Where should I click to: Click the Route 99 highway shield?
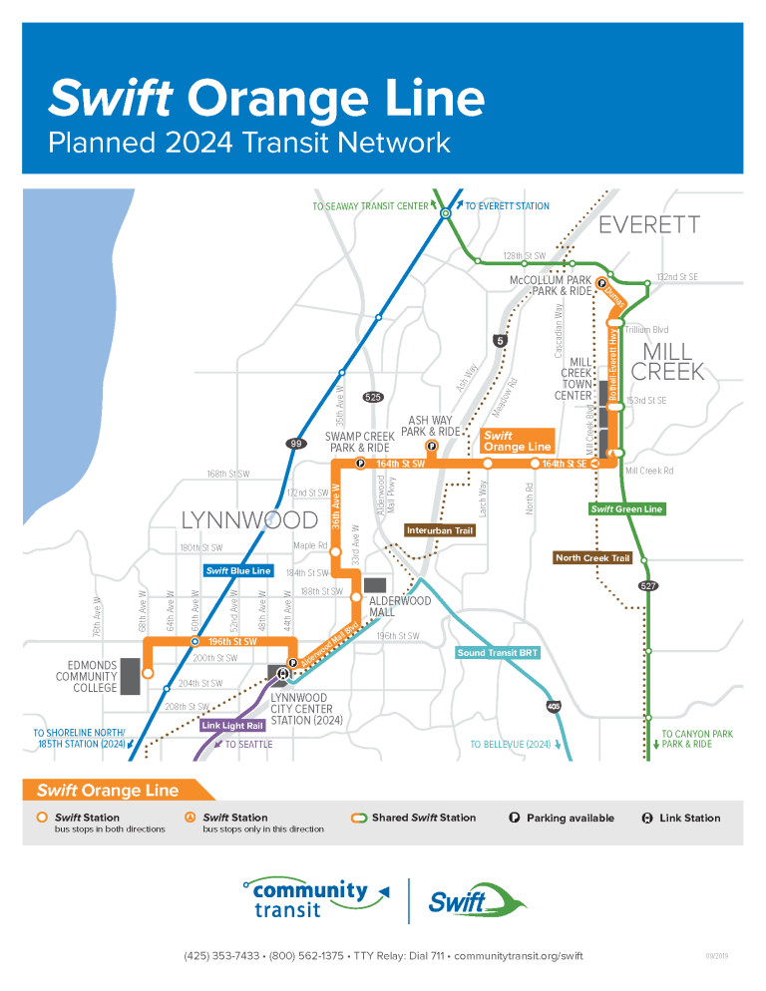pos(295,444)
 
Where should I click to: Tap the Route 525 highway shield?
pos(372,397)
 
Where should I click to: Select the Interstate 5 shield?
pos(500,341)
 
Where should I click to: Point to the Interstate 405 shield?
pos(553,706)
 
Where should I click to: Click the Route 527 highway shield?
pos(648,586)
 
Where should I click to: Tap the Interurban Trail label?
pos(440,530)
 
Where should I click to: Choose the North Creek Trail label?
pos(593,558)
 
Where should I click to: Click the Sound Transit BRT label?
pos(498,653)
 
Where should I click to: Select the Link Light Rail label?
pos(232,726)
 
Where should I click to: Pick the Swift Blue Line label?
pos(238,571)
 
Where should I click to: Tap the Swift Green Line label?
pos(625,509)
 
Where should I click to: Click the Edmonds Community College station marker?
pos(148,674)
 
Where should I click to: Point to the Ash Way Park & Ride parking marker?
pos(431,446)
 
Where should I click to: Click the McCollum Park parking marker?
pos(602,283)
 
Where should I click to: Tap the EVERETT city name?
pos(649,225)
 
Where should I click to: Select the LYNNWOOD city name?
pos(235,520)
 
